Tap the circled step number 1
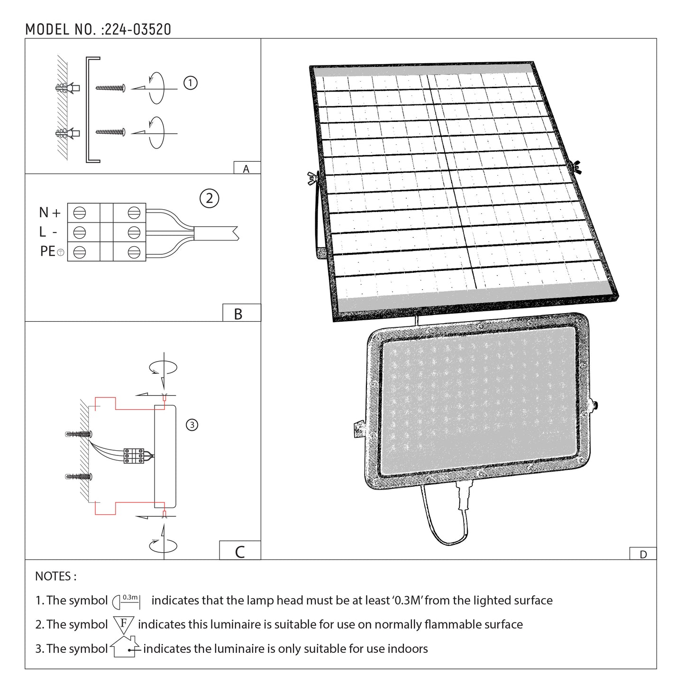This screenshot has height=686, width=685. point(190,83)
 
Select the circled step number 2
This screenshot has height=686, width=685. point(210,198)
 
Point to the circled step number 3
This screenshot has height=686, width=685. point(192,425)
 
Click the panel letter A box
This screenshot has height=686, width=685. point(247,168)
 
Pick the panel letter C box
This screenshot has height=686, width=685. point(240,551)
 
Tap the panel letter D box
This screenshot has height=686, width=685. point(643,554)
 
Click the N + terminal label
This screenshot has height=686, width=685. point(50,213)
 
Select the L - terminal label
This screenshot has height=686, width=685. point(48,232)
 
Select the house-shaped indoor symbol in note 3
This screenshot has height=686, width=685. point(125,647)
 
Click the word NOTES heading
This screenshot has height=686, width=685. point(55,576)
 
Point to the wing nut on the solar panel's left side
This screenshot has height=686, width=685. point(312,177)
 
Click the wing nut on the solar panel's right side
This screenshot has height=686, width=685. point(577,166)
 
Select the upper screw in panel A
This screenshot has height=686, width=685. point(110,88)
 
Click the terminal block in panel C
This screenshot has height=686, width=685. point(134,455)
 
